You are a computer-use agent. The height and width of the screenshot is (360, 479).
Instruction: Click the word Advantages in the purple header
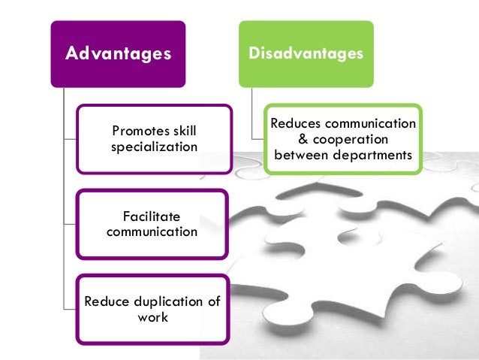point(118,54)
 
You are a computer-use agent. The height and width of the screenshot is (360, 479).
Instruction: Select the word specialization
point(154,147)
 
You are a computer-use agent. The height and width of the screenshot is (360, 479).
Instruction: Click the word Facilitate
point(152,217)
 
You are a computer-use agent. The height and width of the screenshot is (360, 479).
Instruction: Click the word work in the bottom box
point(152,317)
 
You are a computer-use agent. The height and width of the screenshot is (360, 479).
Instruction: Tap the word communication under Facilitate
point(152,231)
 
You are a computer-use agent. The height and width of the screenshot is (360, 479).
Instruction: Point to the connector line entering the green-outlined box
point(258,138)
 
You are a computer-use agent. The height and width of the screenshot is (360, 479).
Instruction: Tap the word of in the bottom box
point(212,302)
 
